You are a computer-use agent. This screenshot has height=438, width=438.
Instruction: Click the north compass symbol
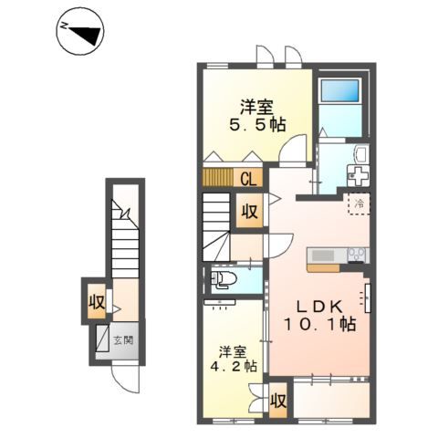click(80, 31)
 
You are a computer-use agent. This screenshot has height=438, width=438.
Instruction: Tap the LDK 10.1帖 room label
click(319, 316)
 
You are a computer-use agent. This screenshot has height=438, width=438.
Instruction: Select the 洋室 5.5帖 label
click(257, 116)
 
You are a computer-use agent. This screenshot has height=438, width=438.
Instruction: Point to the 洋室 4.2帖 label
click(234, 359)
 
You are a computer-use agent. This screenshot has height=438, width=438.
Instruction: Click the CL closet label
click(248, 180)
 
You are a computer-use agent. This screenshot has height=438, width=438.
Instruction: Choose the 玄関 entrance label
click(123, 340)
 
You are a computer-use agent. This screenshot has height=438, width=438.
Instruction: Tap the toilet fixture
click(224, 279)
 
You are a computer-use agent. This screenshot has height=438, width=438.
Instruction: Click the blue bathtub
click(340, 90)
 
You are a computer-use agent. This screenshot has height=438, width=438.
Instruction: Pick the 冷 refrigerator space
click(359, 203)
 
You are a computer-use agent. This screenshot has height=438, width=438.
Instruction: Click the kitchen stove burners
click(357, 255)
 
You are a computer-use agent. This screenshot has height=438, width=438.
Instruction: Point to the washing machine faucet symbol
click(359, 175)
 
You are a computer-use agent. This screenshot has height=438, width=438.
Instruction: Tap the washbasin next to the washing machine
click(361, 152)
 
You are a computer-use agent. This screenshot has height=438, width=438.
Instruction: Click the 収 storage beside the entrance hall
click(97, 301)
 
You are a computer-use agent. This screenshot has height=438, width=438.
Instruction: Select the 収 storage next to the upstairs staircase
click(249, 211)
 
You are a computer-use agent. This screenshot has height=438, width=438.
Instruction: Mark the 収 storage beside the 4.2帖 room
click(278, 401)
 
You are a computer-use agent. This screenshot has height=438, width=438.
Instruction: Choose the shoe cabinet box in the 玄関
click(102, 339)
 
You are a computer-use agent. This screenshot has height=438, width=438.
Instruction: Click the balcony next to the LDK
click(331, 401)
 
